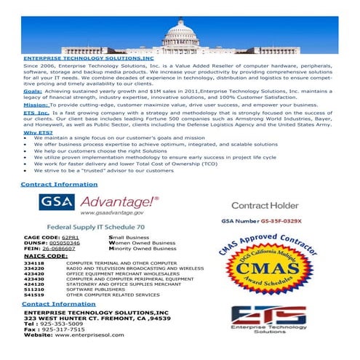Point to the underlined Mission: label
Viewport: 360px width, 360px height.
pyautogui.click(x=36, y=105)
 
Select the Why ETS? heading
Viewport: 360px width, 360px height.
pyautogui.click(x=38, y=132)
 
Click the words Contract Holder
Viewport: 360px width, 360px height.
pyautogui.click(x=264, y=206)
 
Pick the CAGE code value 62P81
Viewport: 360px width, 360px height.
pyautogui.click(x=70, y=237)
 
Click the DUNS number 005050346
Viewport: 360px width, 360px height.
pyautogui.click(x=75, y=243)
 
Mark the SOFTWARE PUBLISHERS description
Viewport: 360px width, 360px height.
pyautogui.click(x=95, y=290)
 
